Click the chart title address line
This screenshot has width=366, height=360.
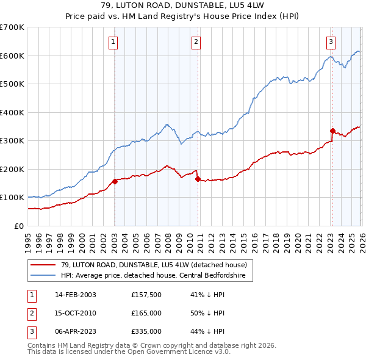183,6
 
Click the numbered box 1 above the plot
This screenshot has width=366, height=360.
114,42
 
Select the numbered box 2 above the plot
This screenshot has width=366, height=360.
196,42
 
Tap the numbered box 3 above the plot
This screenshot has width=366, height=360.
331,42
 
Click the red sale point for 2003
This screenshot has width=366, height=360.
115,181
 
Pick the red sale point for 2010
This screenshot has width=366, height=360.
198,179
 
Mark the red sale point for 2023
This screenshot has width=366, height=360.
332,131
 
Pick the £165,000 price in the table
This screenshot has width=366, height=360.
146,313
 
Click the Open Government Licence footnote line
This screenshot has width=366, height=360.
130,352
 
